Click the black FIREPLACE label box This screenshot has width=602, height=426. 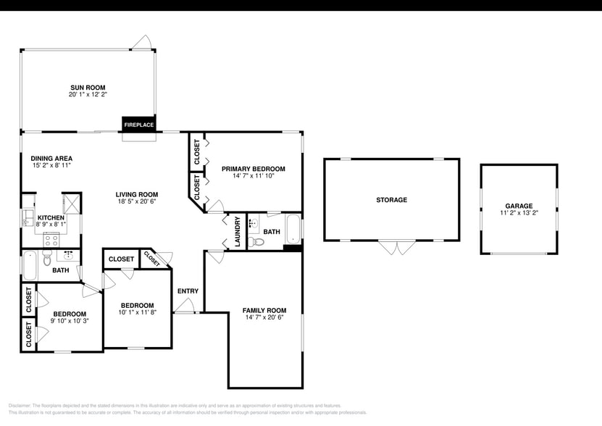pos(138,125)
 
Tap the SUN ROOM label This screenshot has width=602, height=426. pos(88,87)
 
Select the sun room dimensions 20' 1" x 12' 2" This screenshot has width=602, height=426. pos(88,94)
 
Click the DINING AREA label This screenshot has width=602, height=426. pos(51,158)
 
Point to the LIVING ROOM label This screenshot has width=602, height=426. pos(137,194)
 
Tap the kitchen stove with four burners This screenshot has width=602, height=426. pos(51,240)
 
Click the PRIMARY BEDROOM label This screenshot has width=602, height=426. pos(253,169)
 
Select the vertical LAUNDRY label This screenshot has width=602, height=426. pos(237,232)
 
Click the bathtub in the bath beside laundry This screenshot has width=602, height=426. pos(293,230)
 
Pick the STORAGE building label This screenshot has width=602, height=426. pos(391,200)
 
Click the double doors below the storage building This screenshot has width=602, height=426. pos(391,248)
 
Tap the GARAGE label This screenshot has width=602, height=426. pos(519,206)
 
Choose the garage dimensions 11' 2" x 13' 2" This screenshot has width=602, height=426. pos(519,214)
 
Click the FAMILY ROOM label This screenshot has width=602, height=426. pos(264,310)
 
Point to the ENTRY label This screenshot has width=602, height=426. pos(188,291)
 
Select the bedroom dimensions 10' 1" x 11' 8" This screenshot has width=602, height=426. pos(137,312)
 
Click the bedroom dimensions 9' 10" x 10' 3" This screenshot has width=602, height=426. pos(69,321)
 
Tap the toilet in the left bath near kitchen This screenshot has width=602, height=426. pos(47,258)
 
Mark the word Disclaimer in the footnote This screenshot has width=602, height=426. pos(22,406)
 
